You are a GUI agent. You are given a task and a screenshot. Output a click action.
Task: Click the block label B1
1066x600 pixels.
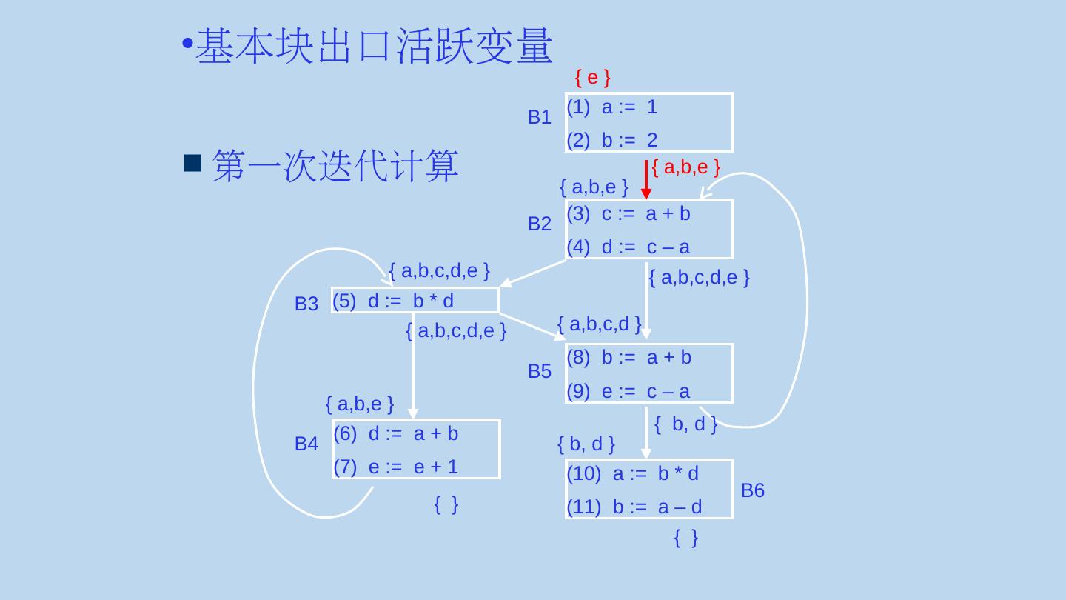point(539,117)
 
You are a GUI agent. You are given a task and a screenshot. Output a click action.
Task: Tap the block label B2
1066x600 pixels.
point(539,224)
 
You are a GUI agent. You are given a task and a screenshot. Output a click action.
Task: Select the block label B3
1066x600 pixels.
point(306,304)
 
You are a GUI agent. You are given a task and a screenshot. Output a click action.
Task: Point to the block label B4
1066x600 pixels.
point(306,444)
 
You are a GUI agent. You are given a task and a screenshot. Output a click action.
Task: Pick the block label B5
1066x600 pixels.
point(539,372)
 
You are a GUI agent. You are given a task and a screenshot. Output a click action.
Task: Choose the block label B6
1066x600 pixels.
point(752,490)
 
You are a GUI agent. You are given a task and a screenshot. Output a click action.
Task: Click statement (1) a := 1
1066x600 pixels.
point(612,107)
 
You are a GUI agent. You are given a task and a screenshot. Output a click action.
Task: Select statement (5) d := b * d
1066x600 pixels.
point(393,301)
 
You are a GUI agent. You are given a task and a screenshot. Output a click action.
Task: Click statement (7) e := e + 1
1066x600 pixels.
point(396,467)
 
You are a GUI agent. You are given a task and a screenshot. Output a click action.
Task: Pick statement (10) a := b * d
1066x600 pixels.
point(632,474)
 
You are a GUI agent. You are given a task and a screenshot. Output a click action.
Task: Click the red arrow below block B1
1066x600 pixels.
point(646,180)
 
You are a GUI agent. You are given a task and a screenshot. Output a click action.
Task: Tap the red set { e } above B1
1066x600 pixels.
point(592,77)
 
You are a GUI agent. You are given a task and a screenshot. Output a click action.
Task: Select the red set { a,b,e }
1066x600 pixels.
point(686,167)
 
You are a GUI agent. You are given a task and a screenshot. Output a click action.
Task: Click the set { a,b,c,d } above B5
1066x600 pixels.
point(599,324)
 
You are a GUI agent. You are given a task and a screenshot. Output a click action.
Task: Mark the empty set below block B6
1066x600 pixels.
point(686,539)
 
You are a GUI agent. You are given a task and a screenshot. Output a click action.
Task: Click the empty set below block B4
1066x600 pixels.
point(446,505)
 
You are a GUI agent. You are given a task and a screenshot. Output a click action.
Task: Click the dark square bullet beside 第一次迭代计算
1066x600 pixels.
point(192,163)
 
